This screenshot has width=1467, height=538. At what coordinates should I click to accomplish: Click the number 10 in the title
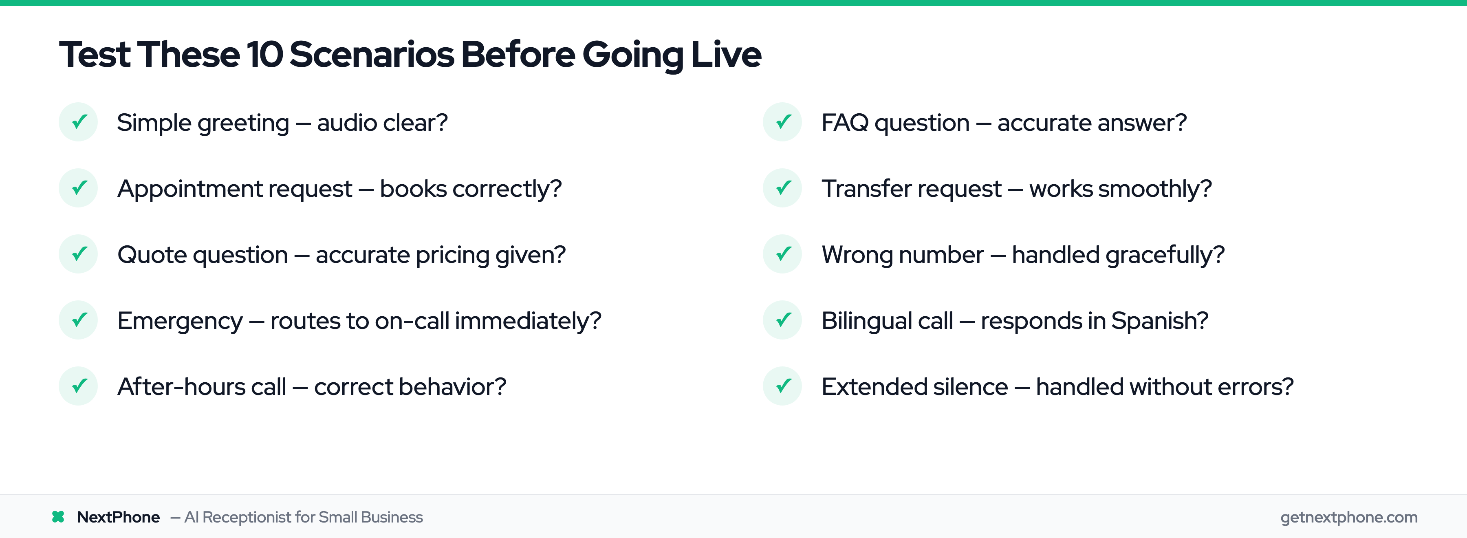point(264,55)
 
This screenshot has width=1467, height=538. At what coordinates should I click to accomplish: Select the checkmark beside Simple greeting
point(79,122)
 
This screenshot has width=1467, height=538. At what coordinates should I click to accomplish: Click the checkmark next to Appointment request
point(79,188)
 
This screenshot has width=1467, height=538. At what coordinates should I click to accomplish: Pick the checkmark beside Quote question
point(79,254)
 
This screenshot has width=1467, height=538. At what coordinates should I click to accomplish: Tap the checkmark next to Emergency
point(79,320)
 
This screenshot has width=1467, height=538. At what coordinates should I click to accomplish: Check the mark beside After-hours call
point(79,386)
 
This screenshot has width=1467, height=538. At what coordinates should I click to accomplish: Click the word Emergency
point(180,321)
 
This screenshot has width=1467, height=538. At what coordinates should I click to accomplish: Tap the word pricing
point(453,255)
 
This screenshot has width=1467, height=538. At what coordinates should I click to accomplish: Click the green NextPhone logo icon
point(58,516)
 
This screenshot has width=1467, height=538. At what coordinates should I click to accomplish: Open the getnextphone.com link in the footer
point(1348,517)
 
